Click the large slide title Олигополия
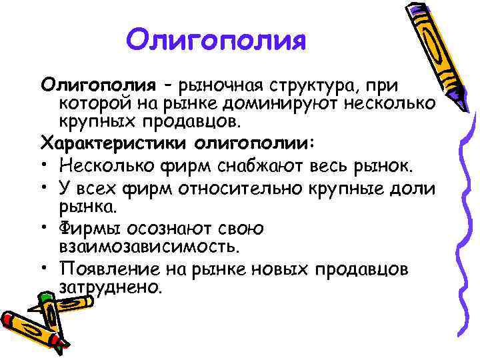216,41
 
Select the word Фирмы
96,229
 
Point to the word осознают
179,229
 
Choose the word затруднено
111,289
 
